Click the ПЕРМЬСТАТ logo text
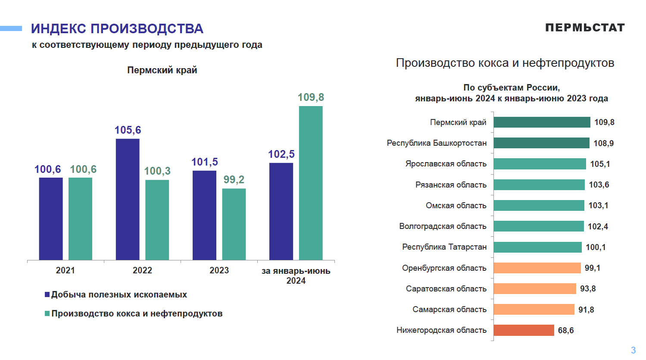tap(585, 28)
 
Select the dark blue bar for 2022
tap(128, 199)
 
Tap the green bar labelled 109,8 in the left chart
tap(311, 183)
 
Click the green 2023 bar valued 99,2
tap(234, 224)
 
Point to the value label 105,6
tap(128, 130)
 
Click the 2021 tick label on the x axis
tap(66, 270)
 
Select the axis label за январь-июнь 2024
tap(296, 275)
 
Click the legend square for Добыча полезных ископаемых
tap(47, 294)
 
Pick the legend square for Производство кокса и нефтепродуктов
tap(47, 313)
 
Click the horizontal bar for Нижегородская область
tap(524, 330)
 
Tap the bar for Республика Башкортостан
tap(541, 143)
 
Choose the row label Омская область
tap(456, 206)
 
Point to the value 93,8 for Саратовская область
tap(588, 289)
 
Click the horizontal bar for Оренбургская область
tap(537, 268)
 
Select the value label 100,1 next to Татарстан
tap(596, 247)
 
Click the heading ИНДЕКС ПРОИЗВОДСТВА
tap(117, 29)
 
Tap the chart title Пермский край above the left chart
tap(162, 70)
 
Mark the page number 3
tap(633, 350)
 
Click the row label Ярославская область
tap(446, 164)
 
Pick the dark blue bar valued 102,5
tap(281, 211)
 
